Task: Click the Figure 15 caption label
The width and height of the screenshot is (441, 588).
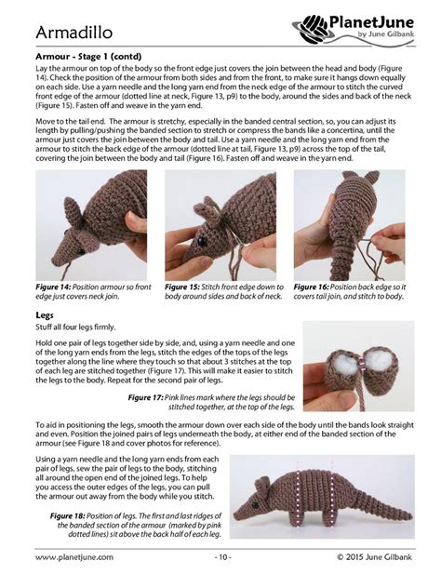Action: (x=185, y=287)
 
